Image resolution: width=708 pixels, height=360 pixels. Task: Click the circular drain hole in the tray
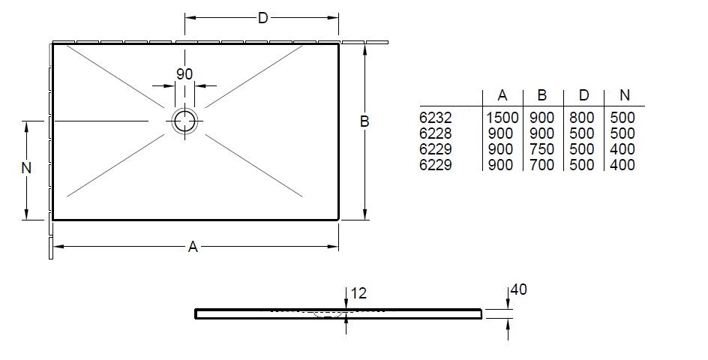coord(184,121)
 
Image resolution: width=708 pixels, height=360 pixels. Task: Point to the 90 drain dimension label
coord(184,74)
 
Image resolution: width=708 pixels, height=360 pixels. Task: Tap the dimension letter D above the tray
coord(262,18)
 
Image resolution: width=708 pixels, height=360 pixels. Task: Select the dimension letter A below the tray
coord(193,247)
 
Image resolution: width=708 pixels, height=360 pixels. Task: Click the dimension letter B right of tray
coord(364,121)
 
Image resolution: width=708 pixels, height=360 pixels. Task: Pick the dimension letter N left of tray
coord(27,168)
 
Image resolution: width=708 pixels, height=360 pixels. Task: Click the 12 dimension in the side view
coord(358,293)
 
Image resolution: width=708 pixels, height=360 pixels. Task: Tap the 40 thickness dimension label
coord(519,289)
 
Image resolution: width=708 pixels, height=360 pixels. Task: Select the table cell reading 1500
coord(502,118)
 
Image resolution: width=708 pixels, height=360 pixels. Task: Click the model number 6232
coord(435,118)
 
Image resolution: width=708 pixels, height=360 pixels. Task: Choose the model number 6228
coord(435,133)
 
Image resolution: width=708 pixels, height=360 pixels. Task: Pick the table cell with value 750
coord(541,149)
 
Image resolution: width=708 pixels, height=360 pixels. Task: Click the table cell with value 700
coord(541,165)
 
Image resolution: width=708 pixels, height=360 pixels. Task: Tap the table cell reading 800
coord(581,118)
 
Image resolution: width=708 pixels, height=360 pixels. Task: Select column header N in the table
coord(625,95)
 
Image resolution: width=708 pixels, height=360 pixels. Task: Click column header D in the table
coord(583,95)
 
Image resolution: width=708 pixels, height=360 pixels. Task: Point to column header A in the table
coord(502,95)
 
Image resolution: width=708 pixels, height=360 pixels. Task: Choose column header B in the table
coord(542,95)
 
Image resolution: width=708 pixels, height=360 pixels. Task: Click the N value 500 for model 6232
coord(622,118)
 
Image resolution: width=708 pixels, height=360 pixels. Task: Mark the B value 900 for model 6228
coord(541,133)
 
